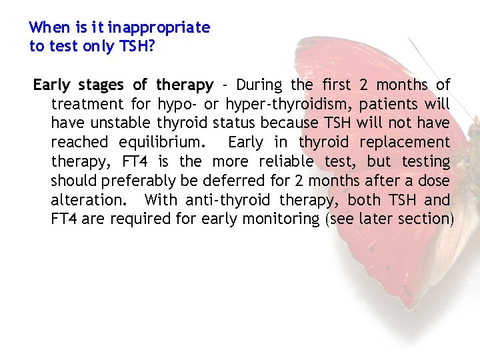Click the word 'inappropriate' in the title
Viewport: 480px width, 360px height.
coord(159,28)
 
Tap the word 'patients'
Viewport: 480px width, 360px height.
coord(393,105)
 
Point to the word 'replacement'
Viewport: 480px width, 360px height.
coord(405,143)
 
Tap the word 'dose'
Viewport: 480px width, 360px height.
coord(435,181)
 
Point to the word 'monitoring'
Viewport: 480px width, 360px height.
coord(281,219)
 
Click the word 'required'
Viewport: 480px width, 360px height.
coord(136,219)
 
